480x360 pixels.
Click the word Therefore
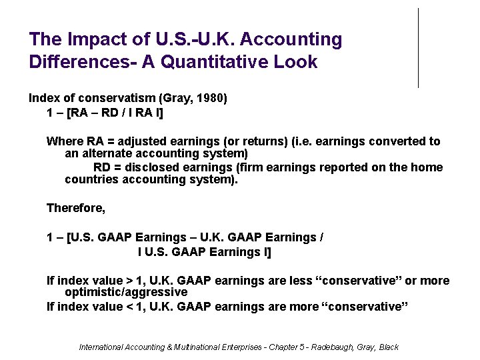[x=75, y=208]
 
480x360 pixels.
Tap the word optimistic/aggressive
[x=126, y=292]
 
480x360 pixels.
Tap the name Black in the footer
[x=388, y=347]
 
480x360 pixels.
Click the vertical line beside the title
[x=419, y=48]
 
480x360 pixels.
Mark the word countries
[x=91, y=179]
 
